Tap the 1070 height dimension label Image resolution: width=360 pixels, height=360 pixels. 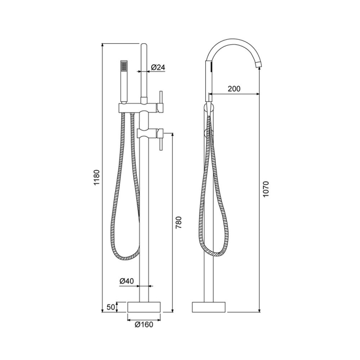[x=265, y=189]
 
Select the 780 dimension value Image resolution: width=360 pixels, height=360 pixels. [x=179, y=223]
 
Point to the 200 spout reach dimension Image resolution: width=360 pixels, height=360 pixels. [x=233, y=89]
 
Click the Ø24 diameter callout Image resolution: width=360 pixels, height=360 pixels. [x=158, y=67]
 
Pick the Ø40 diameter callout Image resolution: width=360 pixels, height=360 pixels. [x=127, y=281]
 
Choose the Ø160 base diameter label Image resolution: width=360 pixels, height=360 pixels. [x=143, y=324]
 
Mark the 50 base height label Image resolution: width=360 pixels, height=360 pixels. [x=110, y=307]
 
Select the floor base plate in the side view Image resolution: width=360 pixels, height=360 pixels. [x=209, y=307]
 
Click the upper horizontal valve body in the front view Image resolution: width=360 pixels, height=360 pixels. [x=139, y=107]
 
